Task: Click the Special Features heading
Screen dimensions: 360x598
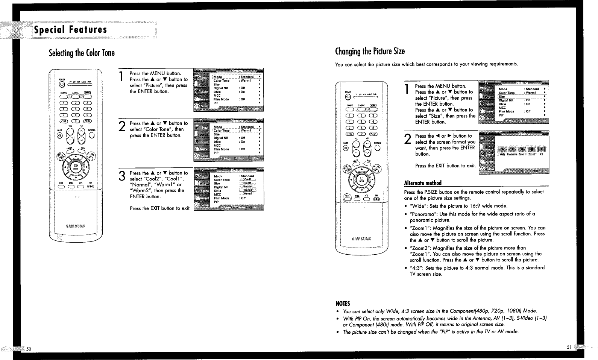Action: tap(70, 30)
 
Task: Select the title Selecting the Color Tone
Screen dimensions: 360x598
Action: tap(82, 53)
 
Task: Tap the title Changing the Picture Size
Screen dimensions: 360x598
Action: tap(370, 51)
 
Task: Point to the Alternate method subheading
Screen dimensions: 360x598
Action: tap(422, 183)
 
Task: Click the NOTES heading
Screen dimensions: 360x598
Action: tap(343, 304)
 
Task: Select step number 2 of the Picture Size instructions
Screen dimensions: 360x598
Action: tap(407, 139)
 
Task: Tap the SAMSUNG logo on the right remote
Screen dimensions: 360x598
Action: tap(361, 238)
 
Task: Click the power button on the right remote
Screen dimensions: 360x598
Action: tap(347, 99)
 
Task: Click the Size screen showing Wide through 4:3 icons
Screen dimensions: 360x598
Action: tap(514, 153)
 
